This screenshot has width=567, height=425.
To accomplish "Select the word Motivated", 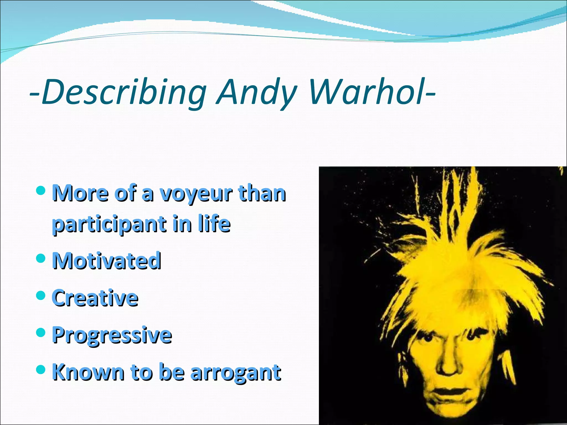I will (x=107, y=261).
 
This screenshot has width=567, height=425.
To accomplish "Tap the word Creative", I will (x=95, y=298).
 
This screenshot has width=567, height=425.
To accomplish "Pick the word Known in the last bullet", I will (x=88, y=372).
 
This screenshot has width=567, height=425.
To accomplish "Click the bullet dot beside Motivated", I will (x=41, y=258).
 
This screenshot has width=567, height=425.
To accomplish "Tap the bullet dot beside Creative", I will (x=41, y=296).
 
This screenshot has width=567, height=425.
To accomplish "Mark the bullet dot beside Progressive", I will (x=41, y=332).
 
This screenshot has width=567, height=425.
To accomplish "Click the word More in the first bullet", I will (x=80, y=193).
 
